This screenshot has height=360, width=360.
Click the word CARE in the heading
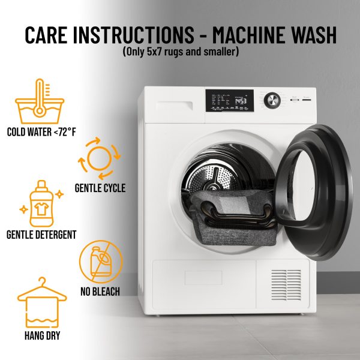[46, 35]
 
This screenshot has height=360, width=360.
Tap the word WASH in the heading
[314, 35]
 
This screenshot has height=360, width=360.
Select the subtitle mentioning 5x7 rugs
[181, 52]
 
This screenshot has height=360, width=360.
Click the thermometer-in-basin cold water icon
[40, 101]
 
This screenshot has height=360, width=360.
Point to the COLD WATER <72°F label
[41, 132]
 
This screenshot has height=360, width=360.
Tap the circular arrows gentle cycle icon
[99, 158]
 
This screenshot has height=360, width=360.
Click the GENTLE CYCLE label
[100, 188]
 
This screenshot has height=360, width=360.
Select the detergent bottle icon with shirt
[41, 203]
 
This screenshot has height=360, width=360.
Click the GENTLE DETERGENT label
[41, 235]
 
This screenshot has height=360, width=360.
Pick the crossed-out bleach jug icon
[101, 262]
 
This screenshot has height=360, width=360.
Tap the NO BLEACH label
[100, 292]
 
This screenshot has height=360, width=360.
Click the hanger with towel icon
[42, 302]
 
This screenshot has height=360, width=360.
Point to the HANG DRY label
[42, 335]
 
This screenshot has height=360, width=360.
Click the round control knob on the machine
[272, 100]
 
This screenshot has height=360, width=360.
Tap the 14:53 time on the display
[241, 101]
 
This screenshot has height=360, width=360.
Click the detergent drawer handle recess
[174, 106]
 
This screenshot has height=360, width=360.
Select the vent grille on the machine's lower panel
[286, 285]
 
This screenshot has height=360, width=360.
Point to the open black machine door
[314, 192]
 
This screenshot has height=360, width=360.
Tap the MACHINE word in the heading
[250, 35]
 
